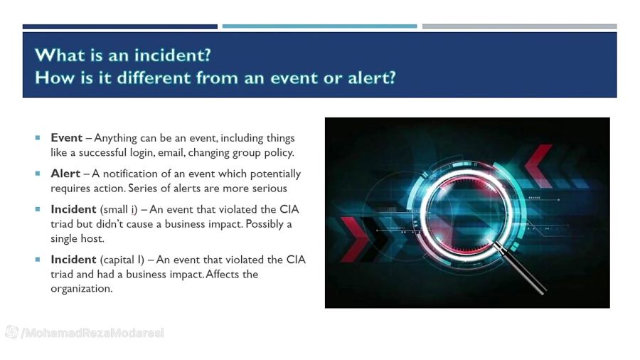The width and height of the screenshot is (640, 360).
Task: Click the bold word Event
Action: click(66, 138)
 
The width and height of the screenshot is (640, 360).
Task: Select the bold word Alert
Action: click(65, 174)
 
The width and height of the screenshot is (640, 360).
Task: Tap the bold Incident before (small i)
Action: click(73, 210)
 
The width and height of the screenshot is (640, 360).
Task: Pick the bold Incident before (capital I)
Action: click(73, 260)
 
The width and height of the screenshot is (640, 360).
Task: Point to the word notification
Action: click(133, 174)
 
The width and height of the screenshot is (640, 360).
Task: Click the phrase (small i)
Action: click(119, 210)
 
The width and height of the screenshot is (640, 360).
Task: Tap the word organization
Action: click(81, 289)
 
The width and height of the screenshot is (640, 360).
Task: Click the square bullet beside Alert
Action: click(38, 174)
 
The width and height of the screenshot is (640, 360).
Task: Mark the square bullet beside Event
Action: click(38, 138)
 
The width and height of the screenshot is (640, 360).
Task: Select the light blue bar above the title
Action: click(319, 27)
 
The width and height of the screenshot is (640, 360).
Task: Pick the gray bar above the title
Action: click(519, 27)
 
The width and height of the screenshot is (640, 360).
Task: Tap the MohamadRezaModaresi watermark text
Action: click(92, 333)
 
